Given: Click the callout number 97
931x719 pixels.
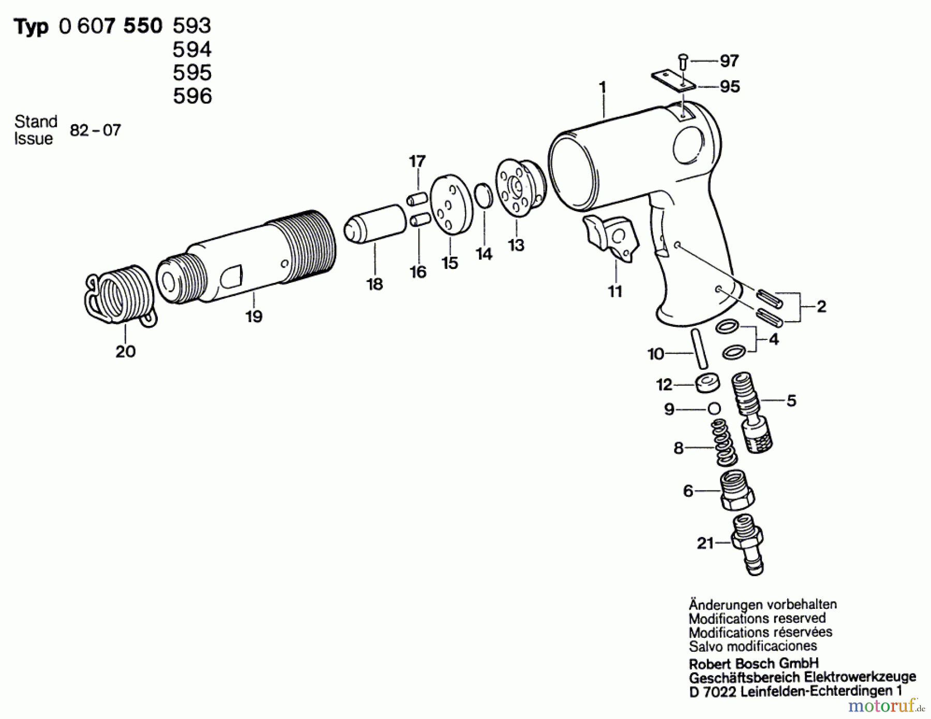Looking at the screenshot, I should pyautogui.click(x=729, y=61).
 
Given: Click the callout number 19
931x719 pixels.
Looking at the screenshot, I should pyautogui.click(x=254, y=316).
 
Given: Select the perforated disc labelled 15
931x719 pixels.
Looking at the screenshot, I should pyautogui.click(x=451, y=205).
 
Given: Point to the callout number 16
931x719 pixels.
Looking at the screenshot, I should pyautogui.click(x=418, y=272).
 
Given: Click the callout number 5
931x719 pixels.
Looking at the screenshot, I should pyautogui.click(x=791, y=400).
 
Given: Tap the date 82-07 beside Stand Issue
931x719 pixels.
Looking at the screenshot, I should pyautogui.click(x=95, y=130).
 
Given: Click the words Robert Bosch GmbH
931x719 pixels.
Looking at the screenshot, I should pyautogui.click(x=754, y=664).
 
